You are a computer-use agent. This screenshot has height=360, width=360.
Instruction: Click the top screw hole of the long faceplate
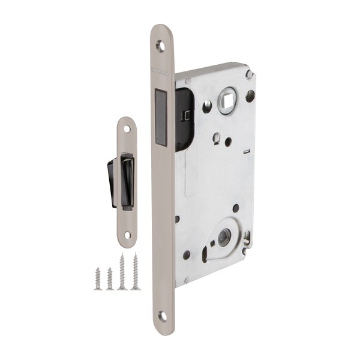160,45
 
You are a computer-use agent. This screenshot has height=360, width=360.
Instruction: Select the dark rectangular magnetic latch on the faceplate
160,117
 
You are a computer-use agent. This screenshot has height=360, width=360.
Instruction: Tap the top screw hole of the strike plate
127,128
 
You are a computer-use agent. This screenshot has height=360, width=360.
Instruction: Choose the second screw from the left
109,278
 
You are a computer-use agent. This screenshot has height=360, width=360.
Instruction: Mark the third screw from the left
122,271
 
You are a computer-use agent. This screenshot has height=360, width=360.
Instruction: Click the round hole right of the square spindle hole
250,95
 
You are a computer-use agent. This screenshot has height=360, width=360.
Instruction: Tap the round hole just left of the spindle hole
206,107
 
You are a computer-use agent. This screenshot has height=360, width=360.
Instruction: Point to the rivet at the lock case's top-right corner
249,74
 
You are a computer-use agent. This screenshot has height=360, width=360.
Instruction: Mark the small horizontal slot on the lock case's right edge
247,152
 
